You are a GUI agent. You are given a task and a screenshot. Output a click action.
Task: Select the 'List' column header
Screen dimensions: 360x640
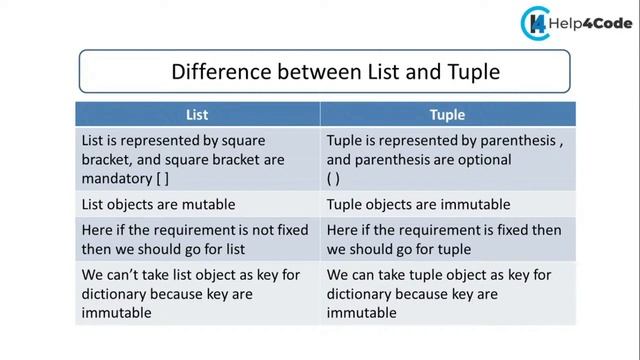pyautogui.click(x=198, y=114)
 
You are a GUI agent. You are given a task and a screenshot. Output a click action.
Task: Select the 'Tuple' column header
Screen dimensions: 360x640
pyautogui.click(x=447, y=114)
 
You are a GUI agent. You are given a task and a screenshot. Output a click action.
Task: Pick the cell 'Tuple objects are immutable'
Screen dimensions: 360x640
pyautogui.click(x=419, y=204)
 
